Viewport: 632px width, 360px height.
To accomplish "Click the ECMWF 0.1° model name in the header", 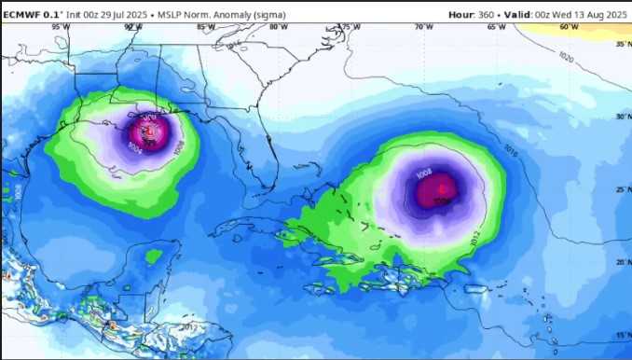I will click(x=31, y=15).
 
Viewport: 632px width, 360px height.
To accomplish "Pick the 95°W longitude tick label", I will click(x=61, y=27).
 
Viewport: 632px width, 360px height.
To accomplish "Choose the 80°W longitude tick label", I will click(x=278, y=27).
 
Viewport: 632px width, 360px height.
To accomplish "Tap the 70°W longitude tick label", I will click(x=424, y=27).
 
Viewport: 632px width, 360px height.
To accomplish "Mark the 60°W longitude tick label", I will click(x=569, y=27).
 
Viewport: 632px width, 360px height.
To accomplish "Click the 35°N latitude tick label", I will click(x=623, y=44).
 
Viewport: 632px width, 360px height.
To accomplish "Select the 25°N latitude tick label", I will click(x=623, y=189).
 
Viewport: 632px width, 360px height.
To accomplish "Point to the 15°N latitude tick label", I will click(x=623, y=335).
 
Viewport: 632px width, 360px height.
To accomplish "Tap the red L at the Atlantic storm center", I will click(x=441, y=189).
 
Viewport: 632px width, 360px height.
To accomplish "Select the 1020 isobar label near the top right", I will click(x=566, y=57).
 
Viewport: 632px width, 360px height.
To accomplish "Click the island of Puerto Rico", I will click(x=478, y=291).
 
